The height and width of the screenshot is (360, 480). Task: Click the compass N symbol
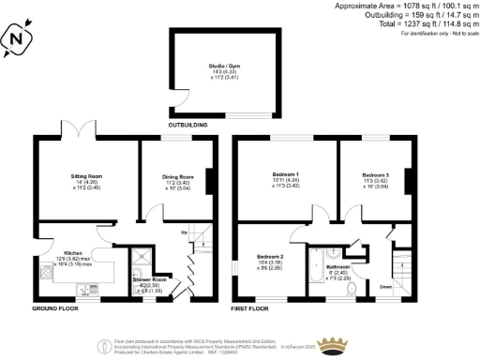pos(15,39)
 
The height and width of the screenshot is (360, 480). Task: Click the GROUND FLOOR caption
pos(54,307)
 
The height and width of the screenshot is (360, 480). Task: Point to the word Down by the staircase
pos(386,288)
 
